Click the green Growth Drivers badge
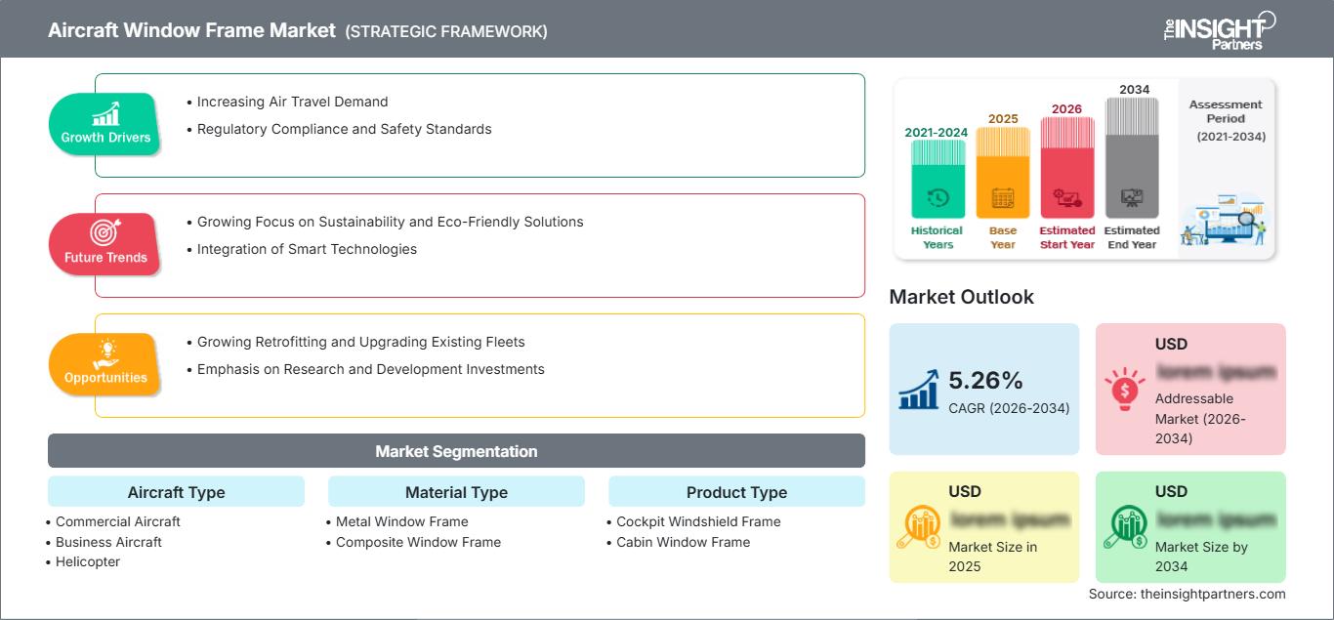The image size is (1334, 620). point(105,124)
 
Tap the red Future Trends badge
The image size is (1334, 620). point(105,244)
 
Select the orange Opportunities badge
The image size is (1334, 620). point(105,364)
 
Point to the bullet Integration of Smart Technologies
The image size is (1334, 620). point(307,249)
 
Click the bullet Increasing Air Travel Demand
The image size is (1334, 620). point(292,102)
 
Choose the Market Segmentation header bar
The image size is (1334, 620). point(456,451)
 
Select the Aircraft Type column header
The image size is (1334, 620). point(176,492)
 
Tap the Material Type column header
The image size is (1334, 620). point(456,492)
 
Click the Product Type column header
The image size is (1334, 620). point(736,492)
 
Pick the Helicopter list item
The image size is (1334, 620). point(87,561)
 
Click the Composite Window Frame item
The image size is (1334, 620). point(418,542)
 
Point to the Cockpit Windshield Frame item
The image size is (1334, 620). point(698,521)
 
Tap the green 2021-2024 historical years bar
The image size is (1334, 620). point(938,179)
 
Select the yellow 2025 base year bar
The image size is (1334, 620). point(1003,173)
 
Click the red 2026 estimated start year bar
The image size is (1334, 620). point(1066,167)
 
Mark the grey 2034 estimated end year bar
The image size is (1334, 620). point(1132,158)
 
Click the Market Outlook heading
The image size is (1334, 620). point(961,297)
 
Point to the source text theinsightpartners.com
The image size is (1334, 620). point(1187,594)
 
